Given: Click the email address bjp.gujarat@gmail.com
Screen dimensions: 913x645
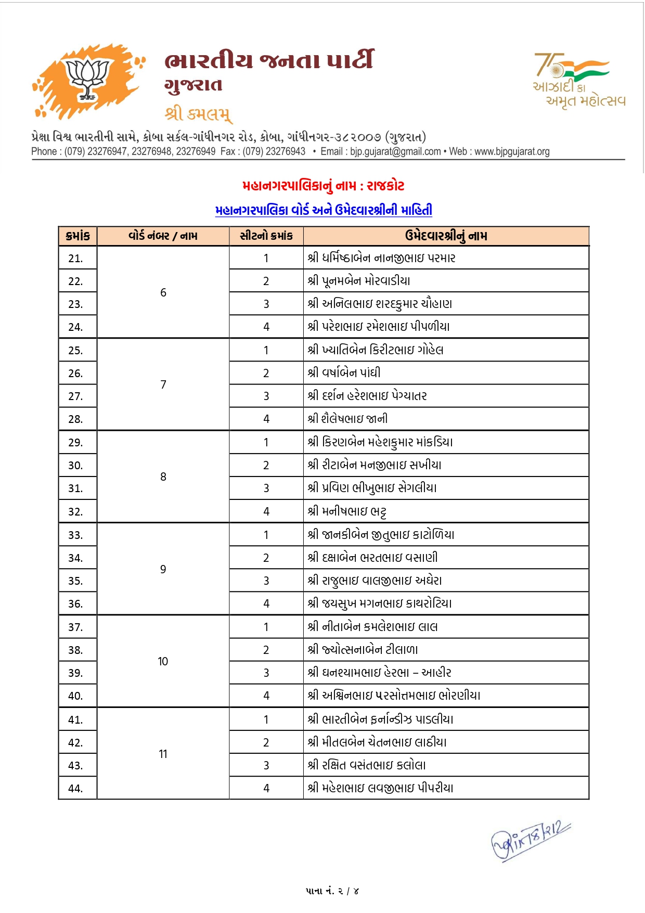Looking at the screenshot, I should pyautogui.click(x=395, y=151).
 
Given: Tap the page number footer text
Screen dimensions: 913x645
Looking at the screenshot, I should pyautogui.click(x=332, y=891).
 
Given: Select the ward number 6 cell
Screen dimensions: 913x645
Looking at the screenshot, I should pyautogui.click(x=163, y=292).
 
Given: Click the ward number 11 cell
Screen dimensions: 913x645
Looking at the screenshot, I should pyautogui.click(x=163, y=754).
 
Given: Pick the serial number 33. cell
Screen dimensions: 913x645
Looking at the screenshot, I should pyautogui.click(x=76, y=535).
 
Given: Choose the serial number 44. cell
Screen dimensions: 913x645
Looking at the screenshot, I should pyautogui.click(x=76, y=788).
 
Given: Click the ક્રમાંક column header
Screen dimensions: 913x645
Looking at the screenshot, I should pyautogui.click(x=78, y=236).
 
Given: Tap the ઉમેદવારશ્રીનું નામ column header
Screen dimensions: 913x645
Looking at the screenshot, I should pyautogui.click(x=446, y=236).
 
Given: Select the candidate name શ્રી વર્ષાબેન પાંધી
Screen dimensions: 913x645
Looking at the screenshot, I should pyautogui.click(x=344, y=372).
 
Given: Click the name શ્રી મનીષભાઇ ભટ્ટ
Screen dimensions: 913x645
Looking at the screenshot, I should pyautogui.click(x=347, y=511).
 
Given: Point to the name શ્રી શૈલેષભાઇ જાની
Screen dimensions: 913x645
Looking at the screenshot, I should pyautogui.click(x=347, y=419).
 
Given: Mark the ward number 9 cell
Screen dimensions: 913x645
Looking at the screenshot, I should pyautogui.click(x=163, y=569).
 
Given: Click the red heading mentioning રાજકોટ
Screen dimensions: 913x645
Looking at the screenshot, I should pyautogui.click(x=323, y=186).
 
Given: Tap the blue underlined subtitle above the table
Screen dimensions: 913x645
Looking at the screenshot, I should pyautogui.click(x=323, y=210).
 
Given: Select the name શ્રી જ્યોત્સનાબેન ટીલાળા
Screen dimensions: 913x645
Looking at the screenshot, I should pyautogui.click(x=363, y=650).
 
